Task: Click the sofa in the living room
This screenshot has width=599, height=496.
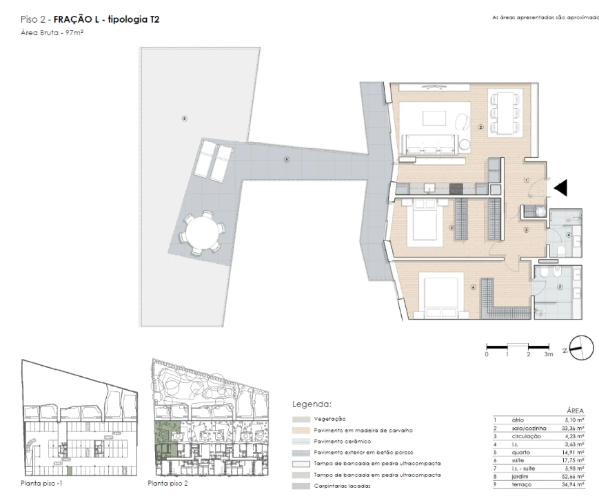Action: (431, 143)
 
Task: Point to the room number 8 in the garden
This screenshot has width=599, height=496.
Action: (184, 118)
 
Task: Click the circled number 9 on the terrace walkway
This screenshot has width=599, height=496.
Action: (286, 161)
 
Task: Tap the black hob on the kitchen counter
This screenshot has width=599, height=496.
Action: (456, 188)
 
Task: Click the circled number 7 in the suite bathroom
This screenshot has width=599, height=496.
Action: (560, 287)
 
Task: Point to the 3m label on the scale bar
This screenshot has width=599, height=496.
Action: (549, 354)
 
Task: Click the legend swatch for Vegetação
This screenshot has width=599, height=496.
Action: (301, 419)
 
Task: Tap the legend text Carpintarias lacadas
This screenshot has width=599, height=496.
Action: (343, 486)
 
